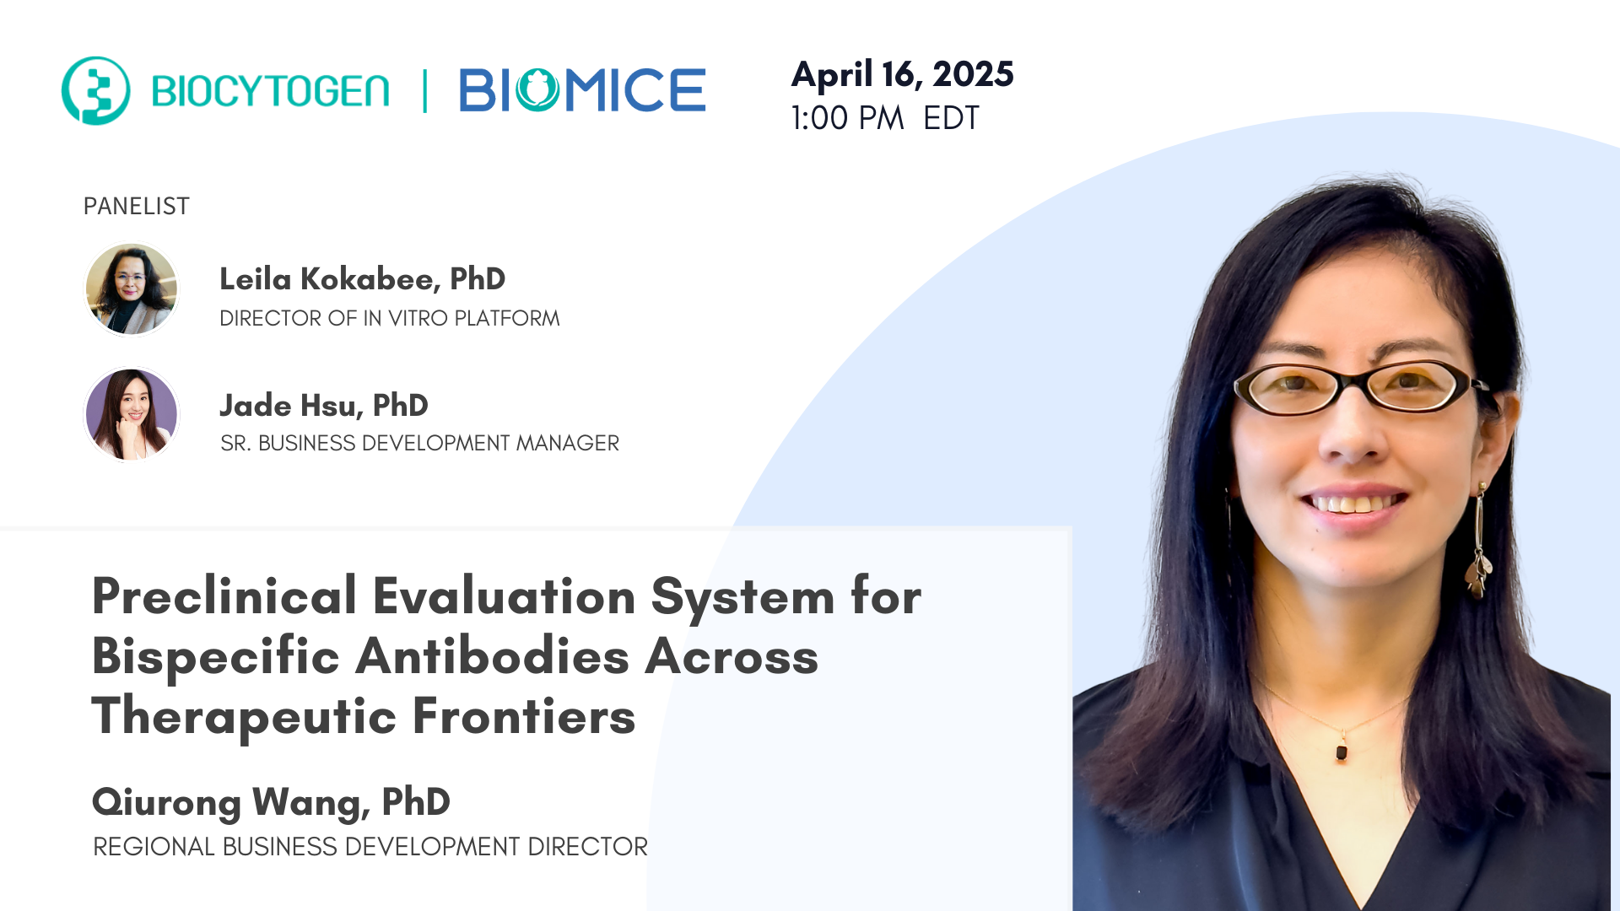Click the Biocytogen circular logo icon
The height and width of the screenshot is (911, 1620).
point(95,90)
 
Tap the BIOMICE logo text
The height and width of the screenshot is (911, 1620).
point(582,90)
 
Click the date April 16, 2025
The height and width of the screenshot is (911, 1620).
point(902,74)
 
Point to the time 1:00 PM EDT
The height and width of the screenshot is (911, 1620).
point(884,118)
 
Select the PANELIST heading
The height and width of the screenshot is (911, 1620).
point(136,206)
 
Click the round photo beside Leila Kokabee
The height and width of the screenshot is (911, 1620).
point(132,289)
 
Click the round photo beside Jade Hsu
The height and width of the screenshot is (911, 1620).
point(132,414)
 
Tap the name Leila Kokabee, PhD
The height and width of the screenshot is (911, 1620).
point(362,279)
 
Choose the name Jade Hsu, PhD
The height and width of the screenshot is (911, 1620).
point(324,406)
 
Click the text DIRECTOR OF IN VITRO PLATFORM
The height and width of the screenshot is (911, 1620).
point(389,318)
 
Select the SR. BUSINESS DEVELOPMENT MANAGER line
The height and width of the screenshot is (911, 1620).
point(419,443)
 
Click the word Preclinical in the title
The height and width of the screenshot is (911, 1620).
point(224,596)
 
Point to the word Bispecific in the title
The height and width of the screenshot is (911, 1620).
point(215,656)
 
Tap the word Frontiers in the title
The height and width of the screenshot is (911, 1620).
point(523,717)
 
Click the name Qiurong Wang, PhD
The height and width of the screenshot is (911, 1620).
point(271,802)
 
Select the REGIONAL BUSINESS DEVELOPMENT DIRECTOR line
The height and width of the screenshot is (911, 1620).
point(370,846)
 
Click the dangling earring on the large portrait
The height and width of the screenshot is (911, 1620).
point(1479,548)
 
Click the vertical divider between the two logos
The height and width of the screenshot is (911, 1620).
point(424,91)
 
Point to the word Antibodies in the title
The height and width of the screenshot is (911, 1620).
point(492,656)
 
